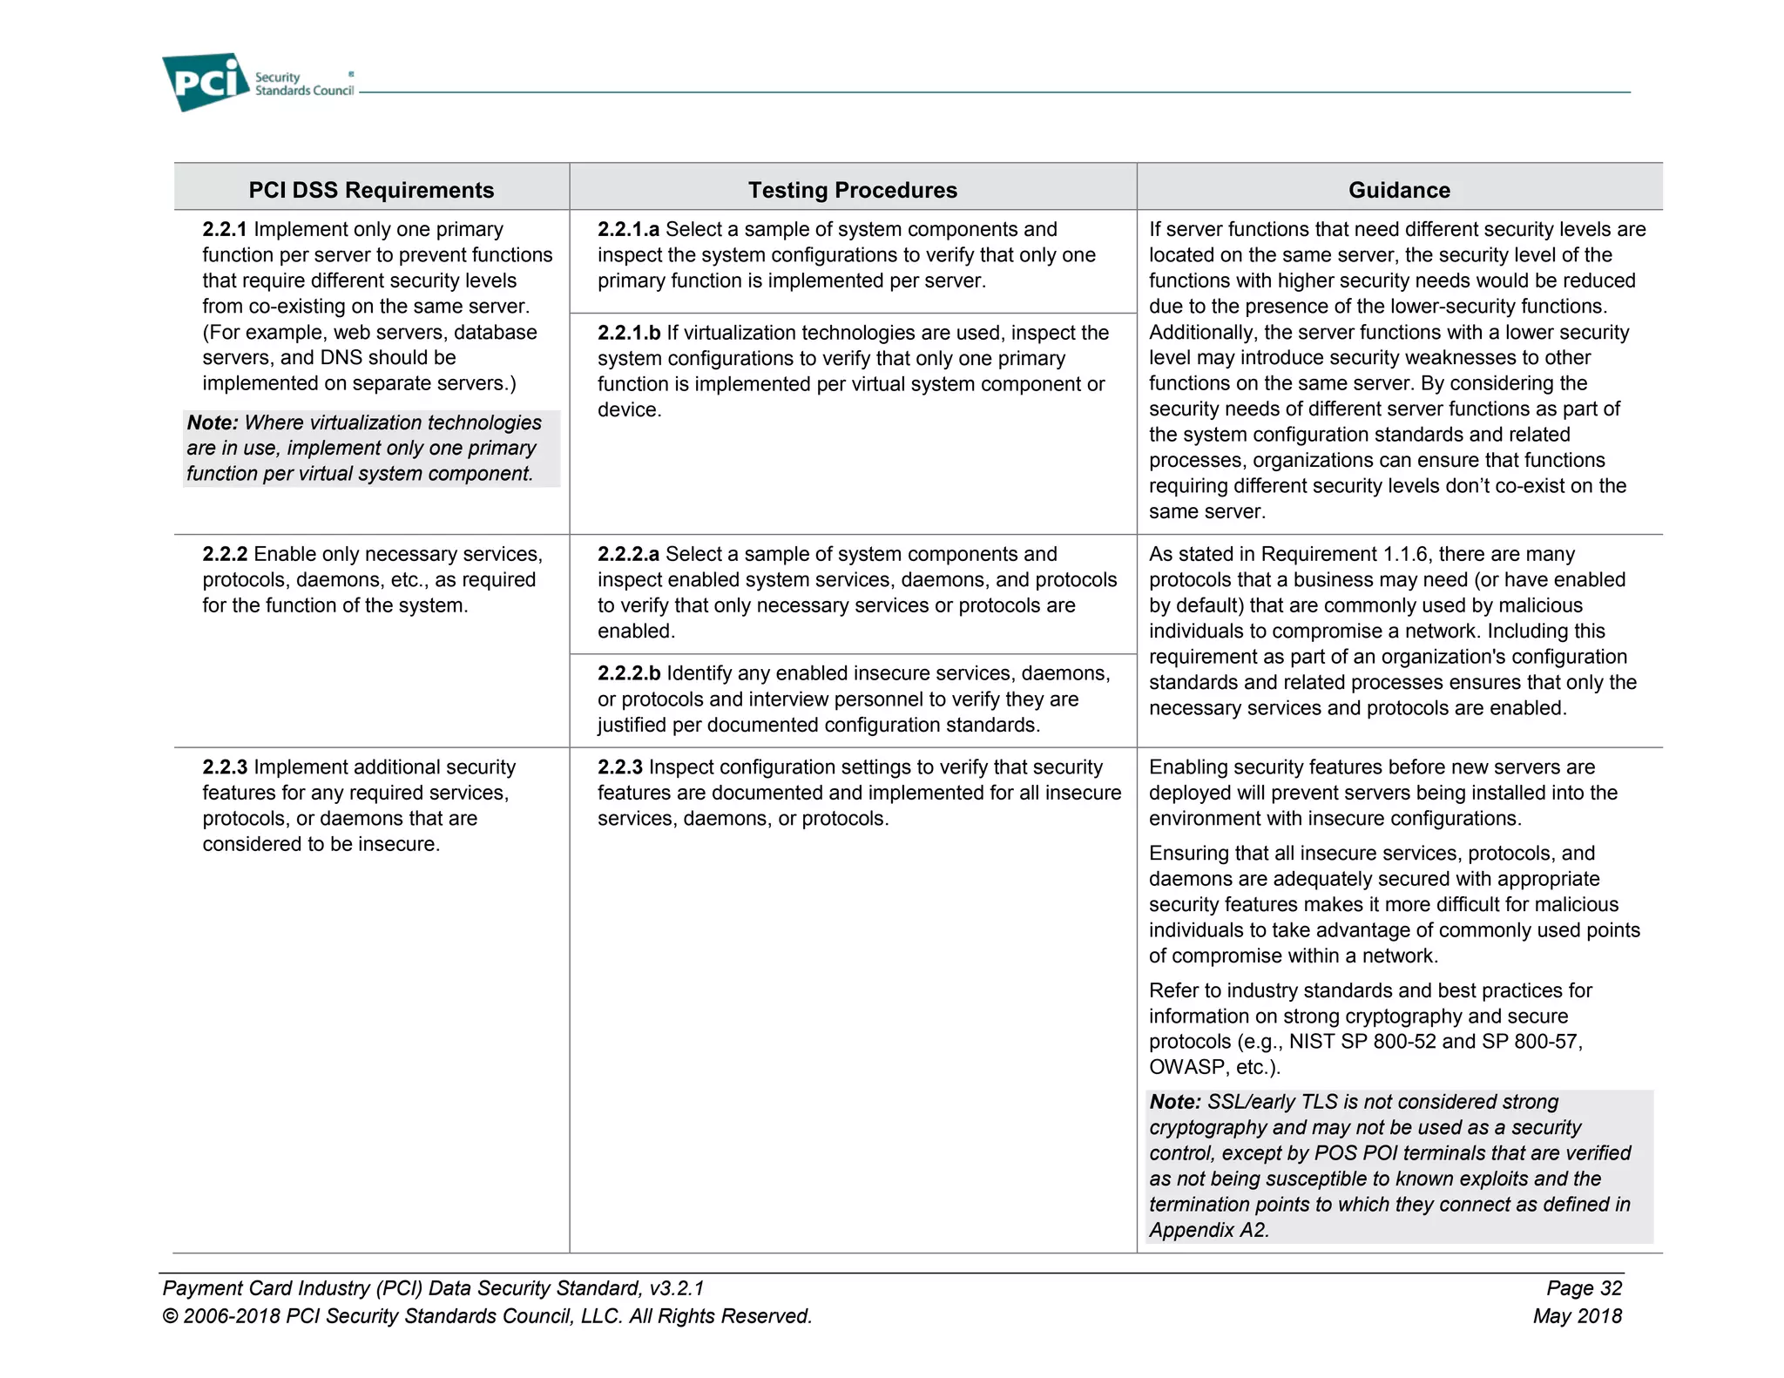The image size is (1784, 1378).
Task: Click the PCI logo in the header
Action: pos(206,82)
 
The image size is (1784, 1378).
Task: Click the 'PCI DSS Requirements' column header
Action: pos(371,190)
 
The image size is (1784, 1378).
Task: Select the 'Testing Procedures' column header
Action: pos(852,190)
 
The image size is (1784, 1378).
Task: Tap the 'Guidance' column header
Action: pos(1399,190)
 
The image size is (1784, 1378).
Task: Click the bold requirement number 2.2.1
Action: pos(225,229)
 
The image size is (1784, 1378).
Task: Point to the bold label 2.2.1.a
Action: pos(628,229)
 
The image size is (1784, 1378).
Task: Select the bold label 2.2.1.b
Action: pos(629,333)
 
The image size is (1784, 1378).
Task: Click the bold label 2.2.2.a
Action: pos(628,554)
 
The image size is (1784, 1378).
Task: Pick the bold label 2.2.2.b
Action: pos(629,673)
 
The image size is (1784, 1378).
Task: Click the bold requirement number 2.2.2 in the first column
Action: pos(225,554)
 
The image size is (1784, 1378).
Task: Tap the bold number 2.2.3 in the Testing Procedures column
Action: pos(619,767)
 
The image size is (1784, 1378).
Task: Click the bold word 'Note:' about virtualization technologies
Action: pos(212,422)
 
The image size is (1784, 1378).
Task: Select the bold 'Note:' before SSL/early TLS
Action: pos(1175,1102)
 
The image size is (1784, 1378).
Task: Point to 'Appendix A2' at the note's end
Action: pos(1207,1230)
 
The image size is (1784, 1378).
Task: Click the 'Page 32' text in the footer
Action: pos(1584,1288)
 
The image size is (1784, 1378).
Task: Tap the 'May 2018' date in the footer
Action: pos(1578,1316)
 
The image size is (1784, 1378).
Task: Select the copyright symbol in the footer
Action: pos(171,1316)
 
